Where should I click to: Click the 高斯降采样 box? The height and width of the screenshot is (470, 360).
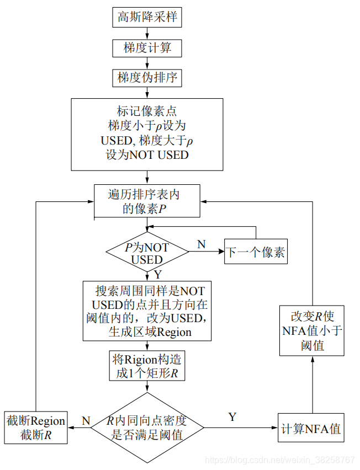pyautogui.click(x=147, y=17)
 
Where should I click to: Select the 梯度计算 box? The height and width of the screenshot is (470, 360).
pyautogui.click(x=147, y=48)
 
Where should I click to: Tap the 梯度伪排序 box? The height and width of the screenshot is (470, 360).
pyautogui.click(x=147, y=78)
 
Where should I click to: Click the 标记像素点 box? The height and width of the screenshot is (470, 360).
pyautogui.click(x=147, y=134)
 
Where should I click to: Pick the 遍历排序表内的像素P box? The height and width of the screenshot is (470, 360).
pyautogui.click(x=147, y=201)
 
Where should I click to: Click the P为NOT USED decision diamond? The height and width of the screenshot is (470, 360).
pyautogui.click(x=147, y=253)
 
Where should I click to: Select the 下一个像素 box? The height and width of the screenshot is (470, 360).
pyautogui.click(x=256, y=253)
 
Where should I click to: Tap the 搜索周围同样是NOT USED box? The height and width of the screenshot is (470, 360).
pyautogui.click(x=147, y=311)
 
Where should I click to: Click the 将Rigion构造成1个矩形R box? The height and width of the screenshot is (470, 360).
pyautogui.click(x=147, y=366)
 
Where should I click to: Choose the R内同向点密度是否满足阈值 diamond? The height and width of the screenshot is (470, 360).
pyautogui.click(x=147, y=428)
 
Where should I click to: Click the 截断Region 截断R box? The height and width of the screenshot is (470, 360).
pyautogui.click(x=36, y=428)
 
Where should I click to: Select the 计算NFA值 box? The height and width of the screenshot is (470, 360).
pyautogui.click(x=311, y=428)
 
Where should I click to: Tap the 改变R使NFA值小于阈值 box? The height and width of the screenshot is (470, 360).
pyautogui.click(x=311, y=330)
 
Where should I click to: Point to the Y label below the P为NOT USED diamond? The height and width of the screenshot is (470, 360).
pyautogui.click(x=158, y=274)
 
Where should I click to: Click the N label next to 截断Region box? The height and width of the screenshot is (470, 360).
pyautogui.click(x=86, y=420)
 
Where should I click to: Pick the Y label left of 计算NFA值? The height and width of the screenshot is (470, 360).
pyautogui.click(x=232, y=417)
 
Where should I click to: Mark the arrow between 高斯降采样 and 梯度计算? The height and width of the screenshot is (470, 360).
pyautogui.click(x=147, y=33)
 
